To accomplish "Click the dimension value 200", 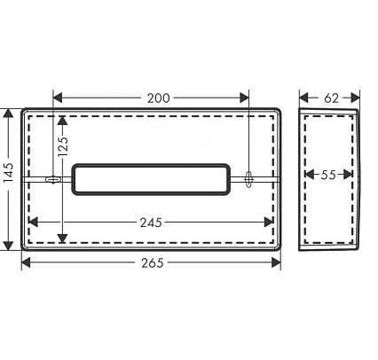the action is [x=159, y=98].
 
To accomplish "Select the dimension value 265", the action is [x=153, y=262].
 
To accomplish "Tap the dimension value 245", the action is [x=151, y=223].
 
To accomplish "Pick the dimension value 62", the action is [x=331, y=98].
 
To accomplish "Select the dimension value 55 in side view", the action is [x=328, y=175].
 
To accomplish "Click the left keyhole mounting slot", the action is [x=53, y=179].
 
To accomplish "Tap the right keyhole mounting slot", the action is [x=248, y=179].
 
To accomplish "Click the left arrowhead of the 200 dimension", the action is [x=58, y=98].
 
